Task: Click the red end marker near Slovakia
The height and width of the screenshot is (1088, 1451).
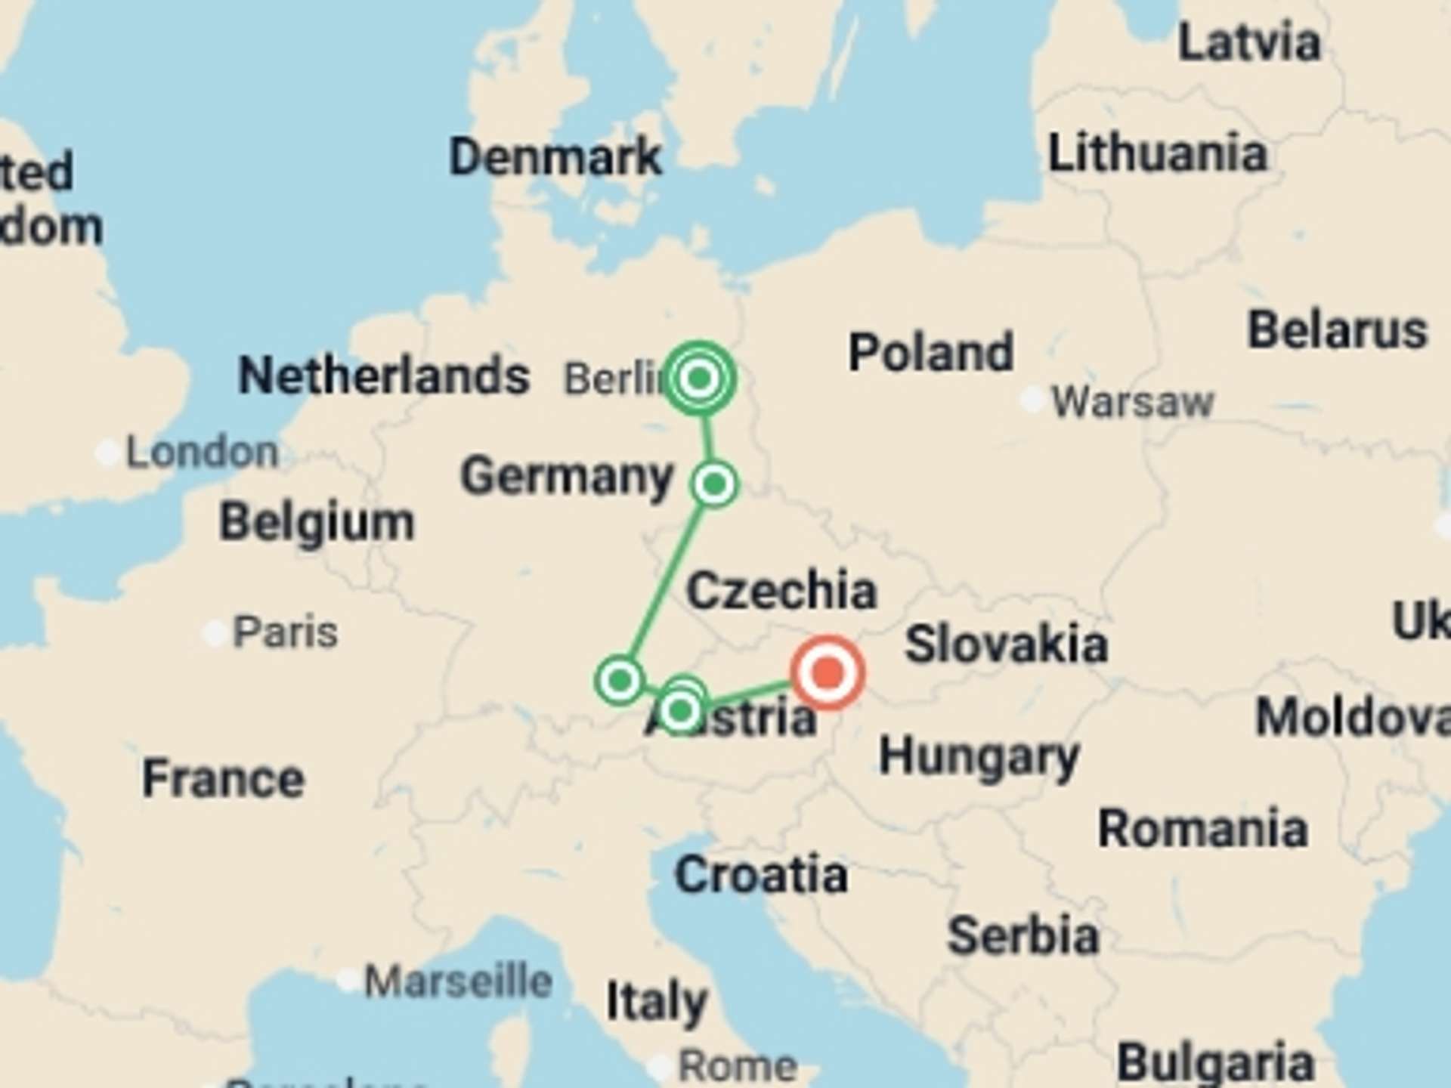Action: click(828, 672)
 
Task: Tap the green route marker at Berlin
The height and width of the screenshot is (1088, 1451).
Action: click(700, 378)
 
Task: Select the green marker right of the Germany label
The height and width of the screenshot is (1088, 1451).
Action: click(714, 484)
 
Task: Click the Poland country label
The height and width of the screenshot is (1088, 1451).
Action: click(931, 353)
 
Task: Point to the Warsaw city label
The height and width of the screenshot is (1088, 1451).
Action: click(1132, 401)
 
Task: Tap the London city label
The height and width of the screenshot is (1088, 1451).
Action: click(202, 453)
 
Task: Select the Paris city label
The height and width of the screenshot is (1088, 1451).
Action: click(285, 632)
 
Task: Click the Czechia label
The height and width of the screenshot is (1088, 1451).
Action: click(781, 590)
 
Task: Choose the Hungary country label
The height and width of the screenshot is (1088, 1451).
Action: click(979, 756)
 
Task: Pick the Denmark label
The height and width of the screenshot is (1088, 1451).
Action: click(555, 157)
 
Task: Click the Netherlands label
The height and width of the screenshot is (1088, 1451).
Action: click(384, 376)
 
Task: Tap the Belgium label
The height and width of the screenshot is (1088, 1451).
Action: click(317, 522)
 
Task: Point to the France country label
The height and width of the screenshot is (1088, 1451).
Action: click(224, 779)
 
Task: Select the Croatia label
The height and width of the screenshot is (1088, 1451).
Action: click(761, 875)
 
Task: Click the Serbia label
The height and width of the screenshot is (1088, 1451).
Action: click(1023, 936)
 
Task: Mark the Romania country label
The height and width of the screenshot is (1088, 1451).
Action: click(1202, 829)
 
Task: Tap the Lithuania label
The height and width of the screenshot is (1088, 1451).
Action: click(1157, 153)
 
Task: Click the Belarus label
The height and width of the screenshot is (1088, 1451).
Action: click(1337, 330)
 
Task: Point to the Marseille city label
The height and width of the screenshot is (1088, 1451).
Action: click(458, 981)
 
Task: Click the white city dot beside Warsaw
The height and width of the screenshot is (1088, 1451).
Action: click(1032, 400)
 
